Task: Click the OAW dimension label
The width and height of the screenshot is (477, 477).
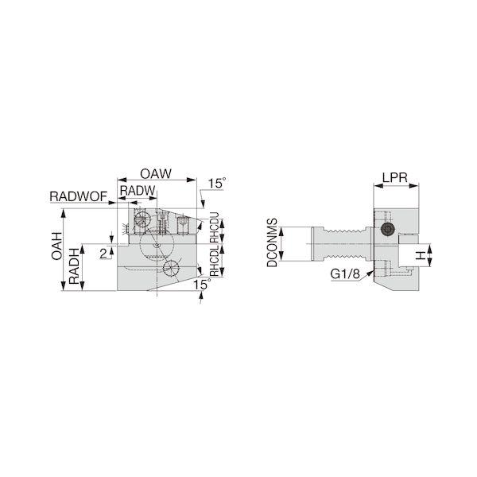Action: pyautogui.click(x=156, y=173)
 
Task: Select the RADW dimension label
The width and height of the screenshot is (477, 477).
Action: pyautogui.click(x=138, y=191)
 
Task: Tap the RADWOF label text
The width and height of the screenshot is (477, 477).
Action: pyautogui.click(x=79, y=196)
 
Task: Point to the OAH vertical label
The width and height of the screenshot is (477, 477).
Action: pyautogui.click(x=56, y=246)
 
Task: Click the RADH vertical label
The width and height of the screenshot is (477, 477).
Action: pyautogui.click(x=74, y=266)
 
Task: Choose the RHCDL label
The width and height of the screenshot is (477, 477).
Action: pyautogui.click(x=215, y=261)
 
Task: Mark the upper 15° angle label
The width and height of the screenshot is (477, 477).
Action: pyautogui.click(x=217, y=184)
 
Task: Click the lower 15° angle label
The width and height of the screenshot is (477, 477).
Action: pyautogui.click(x=202, y=285)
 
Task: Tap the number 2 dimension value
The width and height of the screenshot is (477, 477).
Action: pyautogui.click(x=103, y=253)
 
